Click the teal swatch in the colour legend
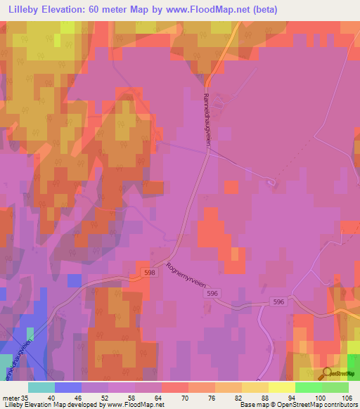coord(41,387)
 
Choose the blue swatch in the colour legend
coord(67,387)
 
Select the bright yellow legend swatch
coord(282,387)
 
